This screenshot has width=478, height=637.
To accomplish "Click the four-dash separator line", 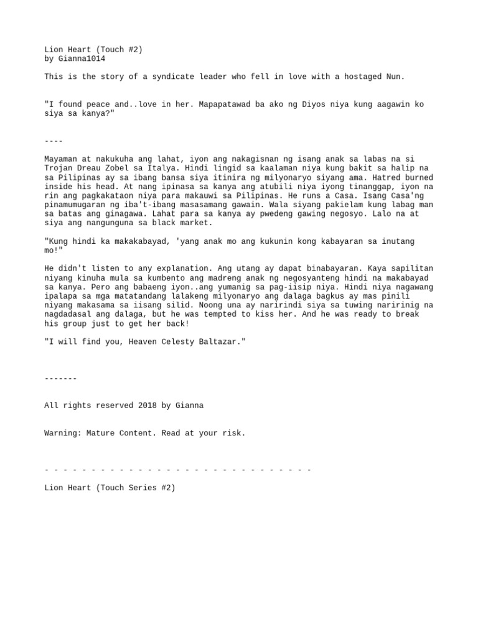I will point(54,141).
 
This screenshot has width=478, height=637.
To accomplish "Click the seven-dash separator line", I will point(60,378).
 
